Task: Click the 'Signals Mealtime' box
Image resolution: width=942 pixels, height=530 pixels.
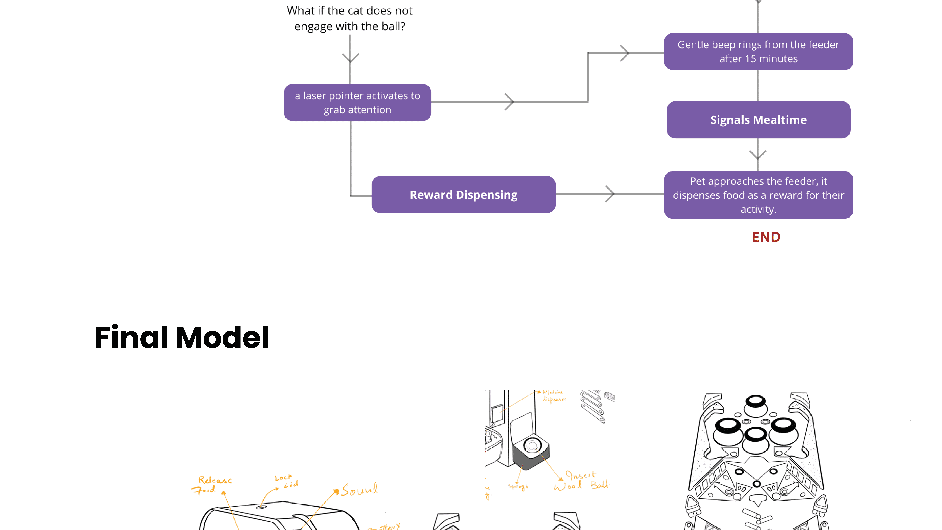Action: coord(758,120)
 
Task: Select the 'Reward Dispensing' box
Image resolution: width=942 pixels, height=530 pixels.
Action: coord(463,195)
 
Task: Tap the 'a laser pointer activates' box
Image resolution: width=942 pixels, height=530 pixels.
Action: coord(357,102)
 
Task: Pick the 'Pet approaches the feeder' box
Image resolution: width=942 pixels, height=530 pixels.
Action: coord(758,195)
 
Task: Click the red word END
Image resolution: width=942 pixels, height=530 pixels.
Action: coord(766,237)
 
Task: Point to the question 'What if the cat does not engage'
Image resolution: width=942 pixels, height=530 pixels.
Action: coord(350,18)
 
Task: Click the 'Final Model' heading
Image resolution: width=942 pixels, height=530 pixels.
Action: coord(182,337)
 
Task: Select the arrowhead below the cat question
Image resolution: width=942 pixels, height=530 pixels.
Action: coord(350,57)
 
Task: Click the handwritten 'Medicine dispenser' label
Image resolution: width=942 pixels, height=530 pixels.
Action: coord(554,396)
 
